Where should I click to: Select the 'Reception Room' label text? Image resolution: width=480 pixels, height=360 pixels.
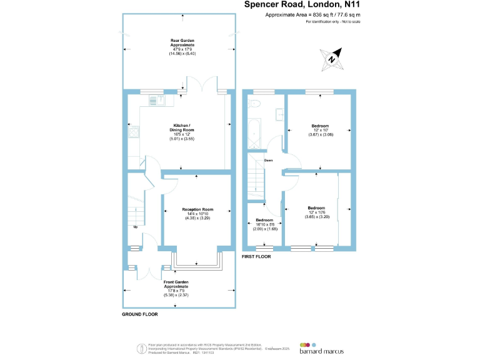[197, 209]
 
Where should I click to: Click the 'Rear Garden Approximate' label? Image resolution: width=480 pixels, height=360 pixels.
[182, 43]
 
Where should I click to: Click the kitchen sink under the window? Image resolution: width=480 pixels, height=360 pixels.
[154, 99]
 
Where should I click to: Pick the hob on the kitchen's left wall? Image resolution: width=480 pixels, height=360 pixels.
[132, 131]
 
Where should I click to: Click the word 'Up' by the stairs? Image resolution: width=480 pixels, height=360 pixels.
[135, 226]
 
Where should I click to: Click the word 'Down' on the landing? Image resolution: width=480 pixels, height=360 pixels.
[268, 160]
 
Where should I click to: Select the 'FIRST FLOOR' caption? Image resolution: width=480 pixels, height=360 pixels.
[256, 256]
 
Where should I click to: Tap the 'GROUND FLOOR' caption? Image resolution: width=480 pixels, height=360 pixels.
[139, 314]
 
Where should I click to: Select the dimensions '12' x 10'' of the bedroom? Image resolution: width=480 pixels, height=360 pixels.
[320, 130]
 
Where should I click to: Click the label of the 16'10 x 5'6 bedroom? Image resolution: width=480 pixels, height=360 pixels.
[264, 221]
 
